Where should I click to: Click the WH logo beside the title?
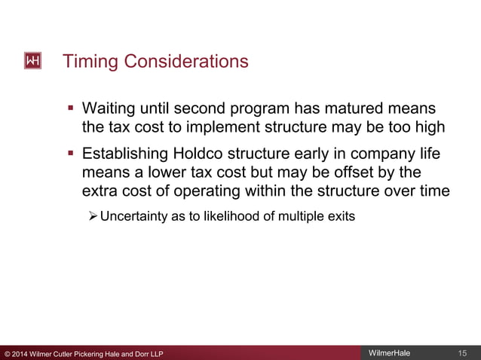tap(33, 60)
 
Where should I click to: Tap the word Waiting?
tap(112, 109)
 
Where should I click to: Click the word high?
tap(429, 127)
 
